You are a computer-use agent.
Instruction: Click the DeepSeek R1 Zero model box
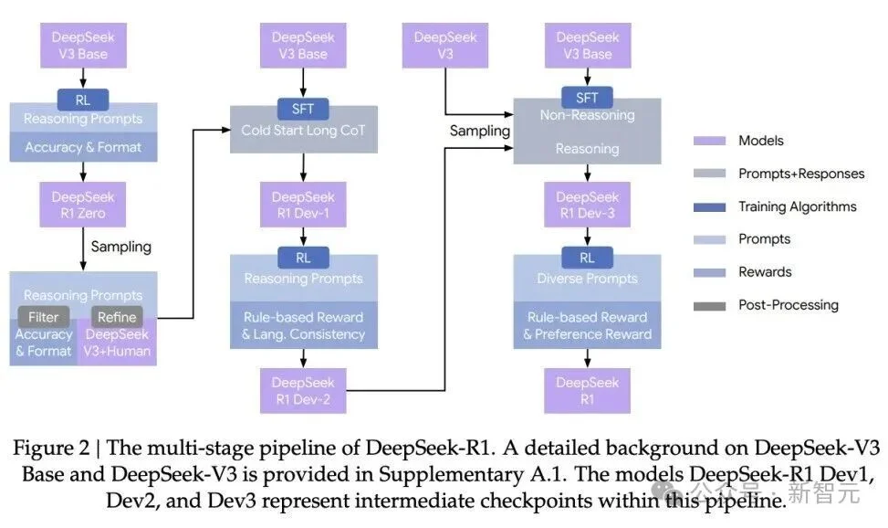(83, 205)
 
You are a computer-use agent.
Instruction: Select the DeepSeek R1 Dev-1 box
(303, 205)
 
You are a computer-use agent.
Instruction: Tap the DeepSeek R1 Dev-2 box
(303, 391)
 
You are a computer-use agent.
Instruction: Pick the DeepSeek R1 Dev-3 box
(587, 205)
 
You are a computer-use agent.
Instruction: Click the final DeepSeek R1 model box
(587, 391)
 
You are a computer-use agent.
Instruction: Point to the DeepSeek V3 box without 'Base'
(444, 46)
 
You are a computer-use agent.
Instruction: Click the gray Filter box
(44, 317)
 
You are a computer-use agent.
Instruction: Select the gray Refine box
(117, 317)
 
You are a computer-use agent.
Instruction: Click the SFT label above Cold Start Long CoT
(303, 109)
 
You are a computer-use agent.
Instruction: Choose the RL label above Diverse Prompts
(587, 258)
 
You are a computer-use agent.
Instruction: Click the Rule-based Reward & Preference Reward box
(587, 325)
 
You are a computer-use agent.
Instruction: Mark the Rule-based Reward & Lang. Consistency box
(303, 325)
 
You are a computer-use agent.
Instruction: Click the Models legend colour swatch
(712, 141)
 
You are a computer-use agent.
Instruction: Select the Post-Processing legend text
(788, 305)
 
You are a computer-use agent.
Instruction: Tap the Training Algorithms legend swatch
(712, 206)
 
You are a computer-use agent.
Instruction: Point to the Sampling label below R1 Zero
(120, 247)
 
